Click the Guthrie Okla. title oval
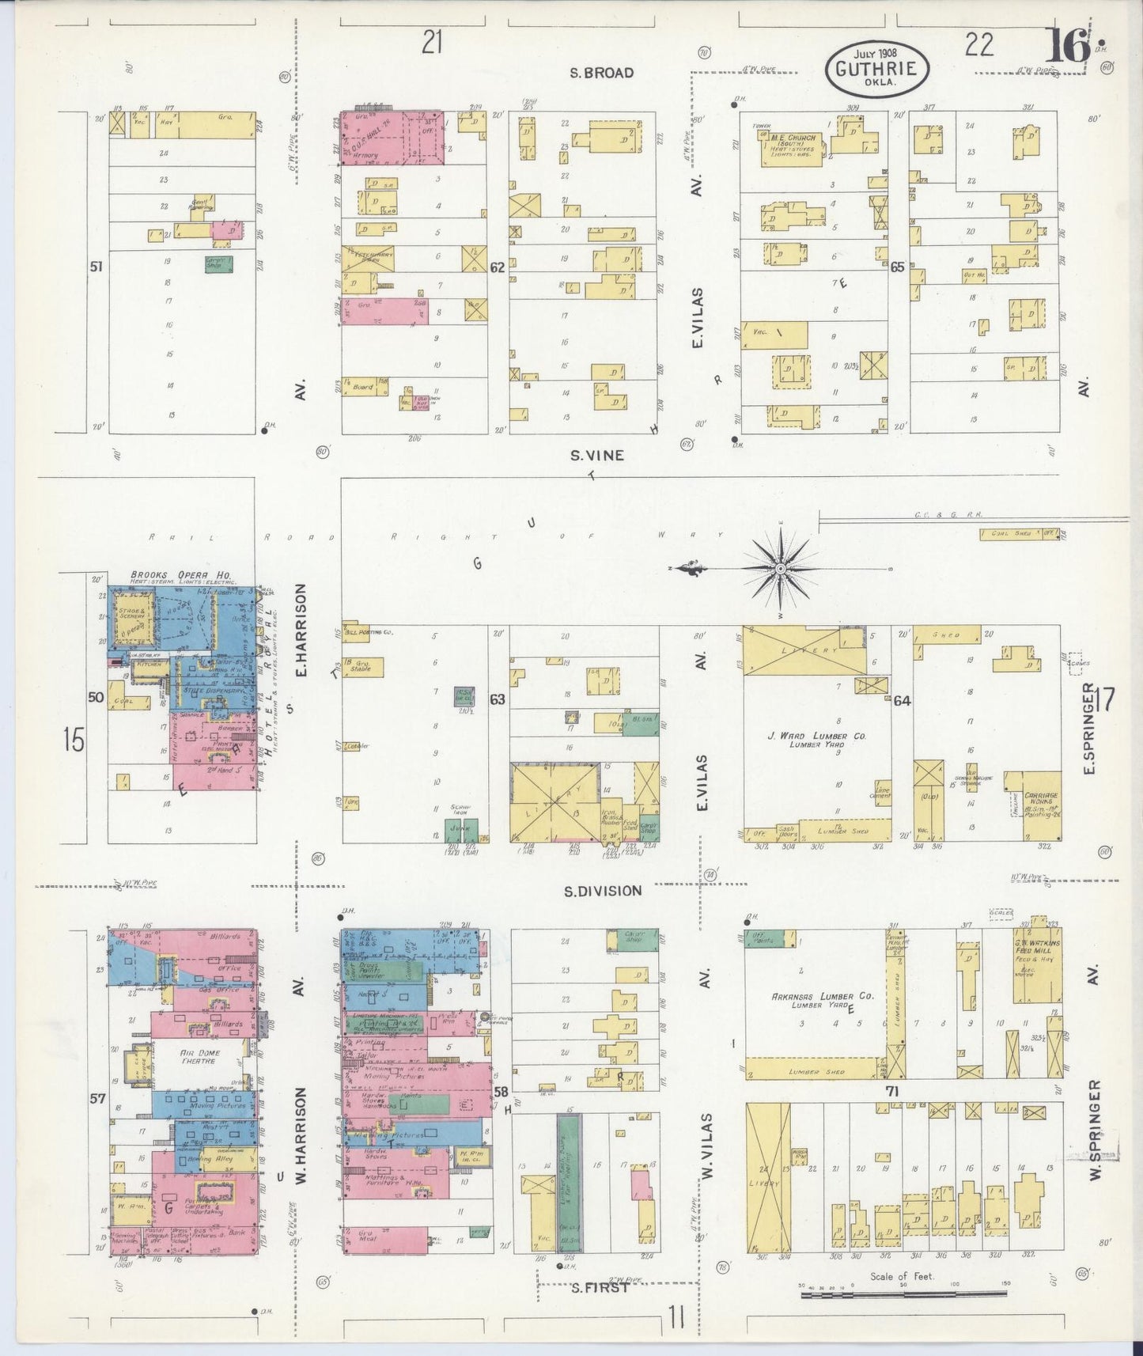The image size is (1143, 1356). (877, 69)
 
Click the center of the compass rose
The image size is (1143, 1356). (780, 568)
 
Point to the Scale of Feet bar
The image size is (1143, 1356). (903, 1294)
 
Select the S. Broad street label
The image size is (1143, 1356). (602, 73)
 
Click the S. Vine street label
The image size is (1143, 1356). (597, 455)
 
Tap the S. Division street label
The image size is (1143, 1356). (603, 891)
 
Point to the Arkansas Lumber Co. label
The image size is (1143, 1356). (823, 996)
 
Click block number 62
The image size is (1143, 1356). (497, 267)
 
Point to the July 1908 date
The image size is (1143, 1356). (870, 53)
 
